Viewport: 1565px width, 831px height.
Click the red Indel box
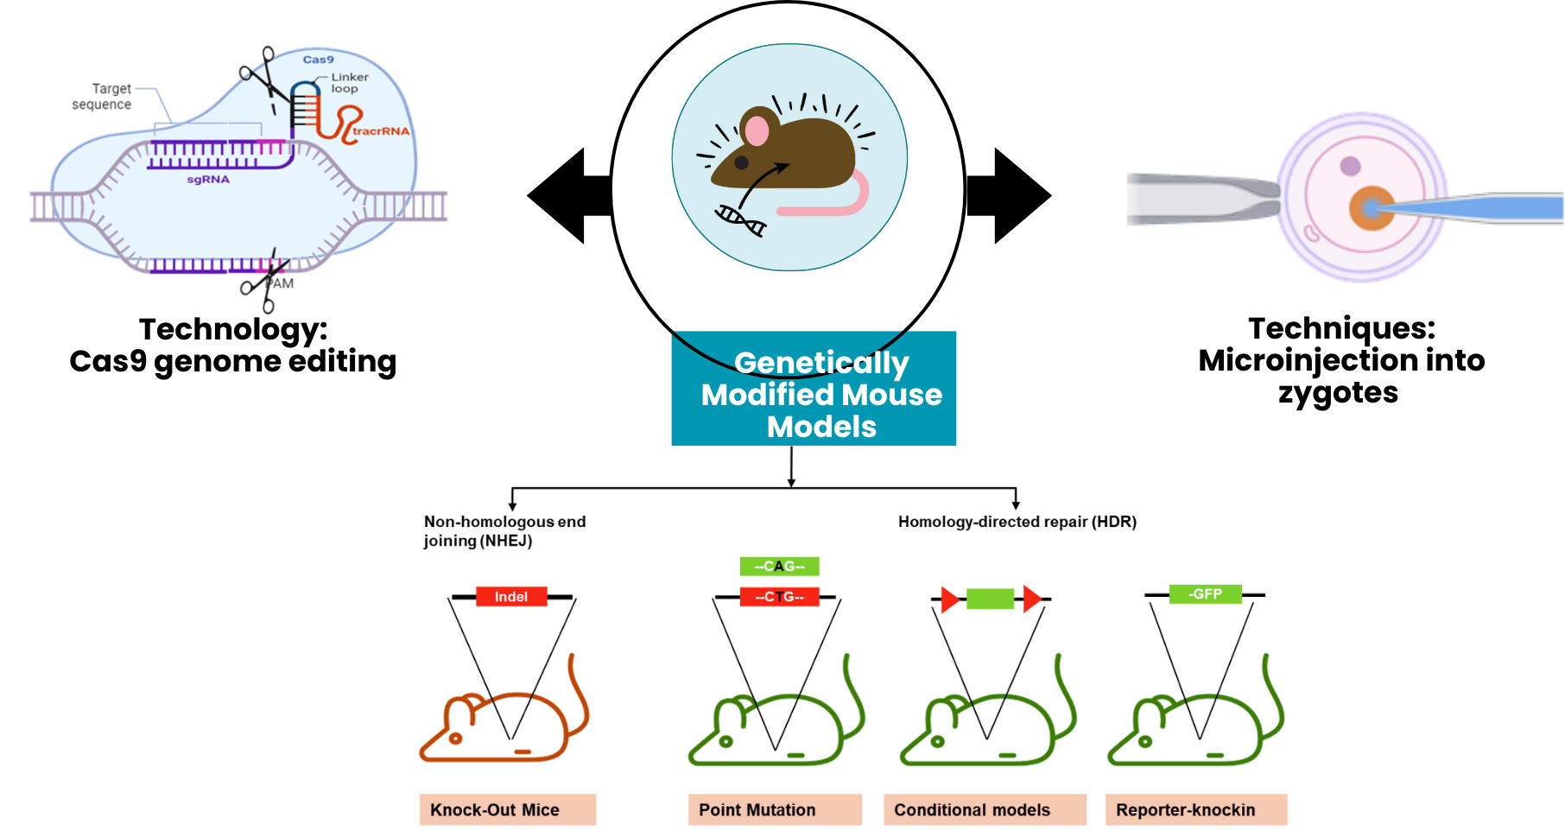click(x=511, y=597)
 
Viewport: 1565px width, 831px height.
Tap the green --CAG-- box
click(x=779, y=567)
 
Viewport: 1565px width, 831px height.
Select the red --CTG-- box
click(x=779, y=597)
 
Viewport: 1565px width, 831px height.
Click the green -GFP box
click(x=1205, y=594)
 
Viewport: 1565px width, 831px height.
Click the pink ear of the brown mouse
click(x=757, y=131)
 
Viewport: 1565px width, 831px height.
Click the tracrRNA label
click(x=381, y=131)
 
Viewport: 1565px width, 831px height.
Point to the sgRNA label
click(x=208, y=180)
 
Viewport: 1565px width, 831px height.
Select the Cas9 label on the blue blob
click(x=318, y=60)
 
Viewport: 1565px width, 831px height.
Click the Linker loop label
click(x=349, y=82)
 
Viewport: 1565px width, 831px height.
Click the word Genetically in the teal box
click(x=821, y=363)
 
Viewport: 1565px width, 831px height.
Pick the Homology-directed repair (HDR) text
click(x=1017, y=522)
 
